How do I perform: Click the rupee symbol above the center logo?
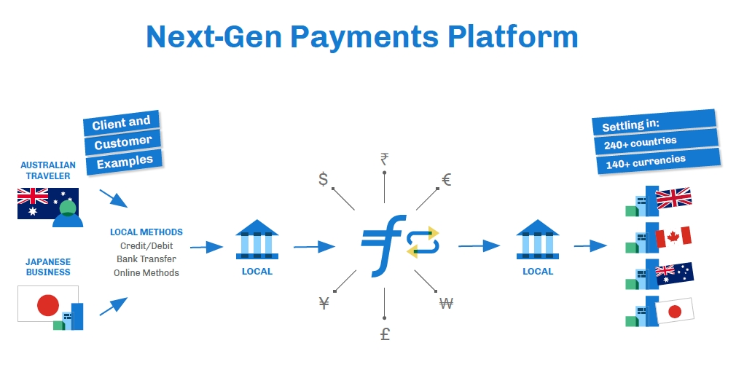[384, 159]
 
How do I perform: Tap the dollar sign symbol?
[323, 179]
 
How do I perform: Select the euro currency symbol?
[447, 179]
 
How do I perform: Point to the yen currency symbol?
[324, 303]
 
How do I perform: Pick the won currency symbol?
[446, 304]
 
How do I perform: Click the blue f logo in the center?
[380, 245]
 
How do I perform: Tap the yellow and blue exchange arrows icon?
[423, 242]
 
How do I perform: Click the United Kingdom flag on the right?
[673, 198]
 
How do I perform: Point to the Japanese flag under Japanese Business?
[47, 304]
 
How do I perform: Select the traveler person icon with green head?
[68, 213]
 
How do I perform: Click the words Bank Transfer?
[146, 259]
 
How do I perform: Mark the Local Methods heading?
[146, 232]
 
